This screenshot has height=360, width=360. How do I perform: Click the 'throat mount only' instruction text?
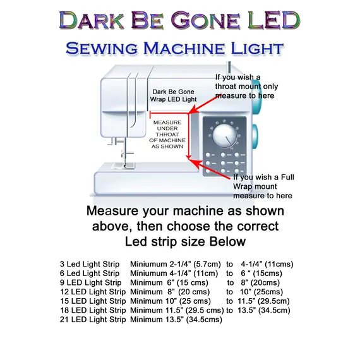246,86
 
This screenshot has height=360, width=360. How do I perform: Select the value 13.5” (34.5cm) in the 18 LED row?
263,310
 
